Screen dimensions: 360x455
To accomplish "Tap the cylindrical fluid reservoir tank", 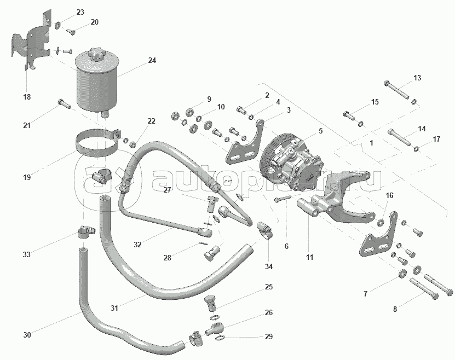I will tap(97, 82).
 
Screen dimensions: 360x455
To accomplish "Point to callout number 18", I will tap(26, 97).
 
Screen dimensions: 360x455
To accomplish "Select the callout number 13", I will tap(417, 78).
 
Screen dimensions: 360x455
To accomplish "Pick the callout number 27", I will tap(167, 190).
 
